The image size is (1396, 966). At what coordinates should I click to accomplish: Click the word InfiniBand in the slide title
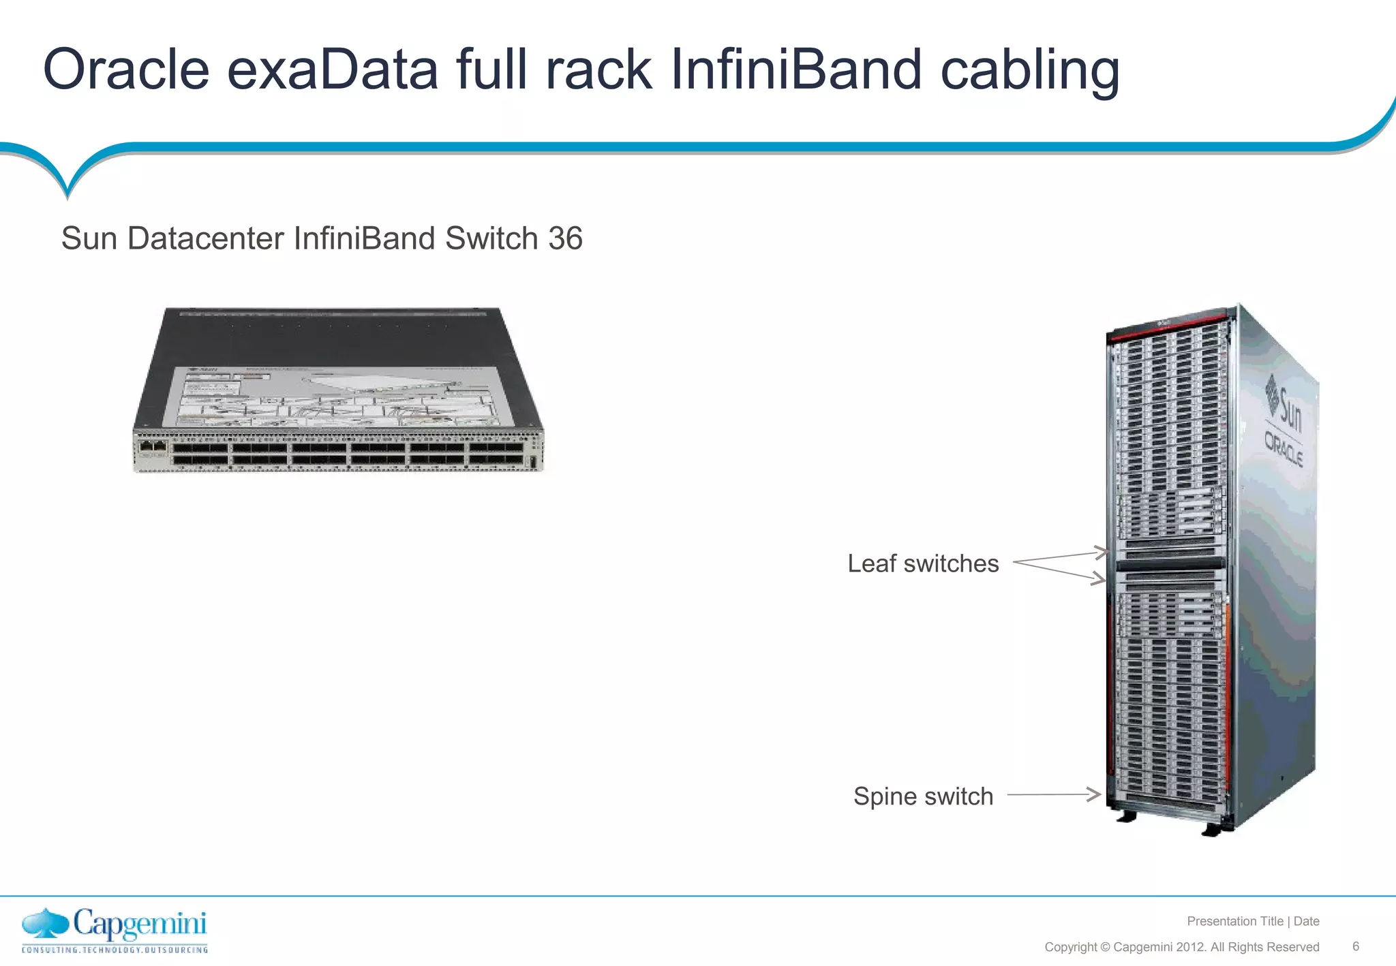[796, 69]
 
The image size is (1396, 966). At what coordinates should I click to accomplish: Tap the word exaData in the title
[333, 69]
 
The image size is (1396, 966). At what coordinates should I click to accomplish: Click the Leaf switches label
[923, 563]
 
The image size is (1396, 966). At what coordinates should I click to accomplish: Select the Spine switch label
[923, 796]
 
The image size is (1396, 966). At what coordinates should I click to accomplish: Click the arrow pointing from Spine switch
[1054, 794]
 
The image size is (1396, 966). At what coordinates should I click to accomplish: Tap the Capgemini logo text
[140, 924]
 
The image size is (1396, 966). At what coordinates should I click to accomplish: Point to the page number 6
[1356, 946]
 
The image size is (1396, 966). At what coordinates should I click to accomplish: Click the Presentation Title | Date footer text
[1253, 921]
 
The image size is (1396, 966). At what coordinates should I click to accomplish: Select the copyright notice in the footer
[1181, 947]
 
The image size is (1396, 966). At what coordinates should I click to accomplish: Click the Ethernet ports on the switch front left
[153, 446]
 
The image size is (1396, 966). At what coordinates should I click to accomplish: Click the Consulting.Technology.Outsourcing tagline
[115, 950]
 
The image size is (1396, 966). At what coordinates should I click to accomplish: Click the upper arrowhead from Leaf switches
[1099, 551]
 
